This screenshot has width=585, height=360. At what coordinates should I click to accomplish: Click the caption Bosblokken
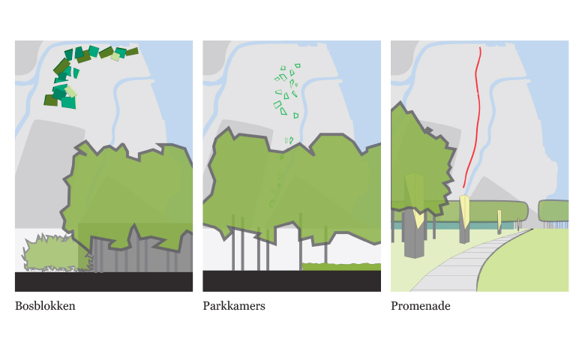[x=45, y=306]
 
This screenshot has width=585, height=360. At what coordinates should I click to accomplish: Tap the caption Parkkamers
[x=234, y=306]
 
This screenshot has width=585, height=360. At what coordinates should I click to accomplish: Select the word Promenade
[x=421, y=306]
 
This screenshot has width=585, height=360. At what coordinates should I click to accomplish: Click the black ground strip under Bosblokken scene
[x=103, y=282]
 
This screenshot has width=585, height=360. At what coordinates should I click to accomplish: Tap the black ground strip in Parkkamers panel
[x=292, y=281]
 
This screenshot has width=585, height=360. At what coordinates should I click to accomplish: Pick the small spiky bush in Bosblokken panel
[x=56, y=253]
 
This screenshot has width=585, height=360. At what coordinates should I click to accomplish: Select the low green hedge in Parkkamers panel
[x=341, y=267]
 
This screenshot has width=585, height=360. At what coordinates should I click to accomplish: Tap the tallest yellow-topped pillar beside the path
[x=464, y=219]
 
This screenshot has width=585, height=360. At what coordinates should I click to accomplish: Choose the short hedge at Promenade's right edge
[x=553, y=211]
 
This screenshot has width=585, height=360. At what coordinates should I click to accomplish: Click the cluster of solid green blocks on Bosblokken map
[x=80, y=74]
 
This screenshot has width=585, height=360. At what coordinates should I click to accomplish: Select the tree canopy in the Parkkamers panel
[x=291, y=187]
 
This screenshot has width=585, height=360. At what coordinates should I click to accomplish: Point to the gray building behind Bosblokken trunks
[x=142, y=253]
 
